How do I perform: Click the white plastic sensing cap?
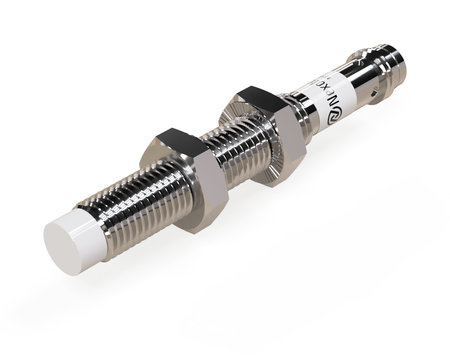[78, 236]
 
